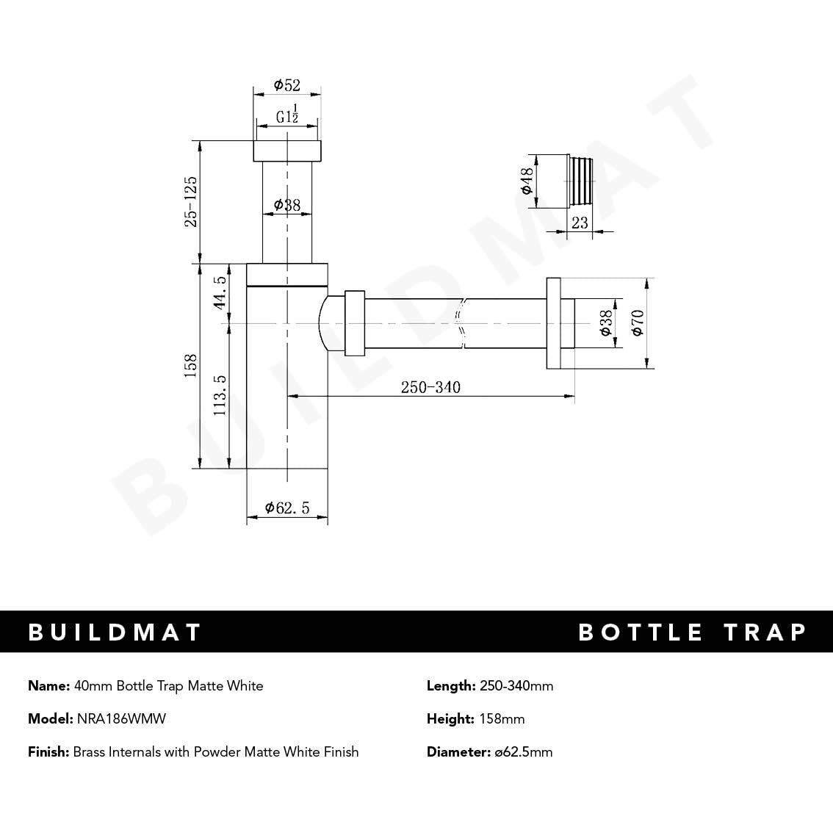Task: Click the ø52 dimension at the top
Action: pyautogui.click(x=287, y=85)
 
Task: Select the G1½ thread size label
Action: pyautogui.click(x=287, y=115)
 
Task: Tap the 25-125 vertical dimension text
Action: pyautogui.click(x=191, y=201)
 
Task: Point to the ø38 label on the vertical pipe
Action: pyautogui.click(x=287, y=205)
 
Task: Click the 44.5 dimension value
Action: pyautogui.click(x=220, y=293)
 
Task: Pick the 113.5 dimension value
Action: pyautogui.click(x=220, y=395)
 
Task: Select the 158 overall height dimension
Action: pyautogui.click(x=191, y=366)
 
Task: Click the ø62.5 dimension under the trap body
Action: pyautogui.click(x=287, y=508)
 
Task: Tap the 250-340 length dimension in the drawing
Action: pyautogui.click(x=430, y=387)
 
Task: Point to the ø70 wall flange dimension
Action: pyautogui.click(x=637, y=322)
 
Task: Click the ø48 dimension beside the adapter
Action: pyautogui.click(x=527, y=181)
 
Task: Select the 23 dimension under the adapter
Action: pyautogui.click(x=580, y=223)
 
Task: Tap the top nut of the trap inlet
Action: pyautogui.click(x=287, y=151)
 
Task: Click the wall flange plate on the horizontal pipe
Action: pyautogui.click(x=553, y=323)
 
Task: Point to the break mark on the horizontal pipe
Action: pyautogui.click(x=461, y=323)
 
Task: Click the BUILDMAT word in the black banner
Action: pyautogui.click(x=115, y=632)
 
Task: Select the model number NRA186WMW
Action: pyautogui.click(x=121, y=718)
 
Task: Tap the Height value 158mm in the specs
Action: pyautogui.click(x=502, y=718)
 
